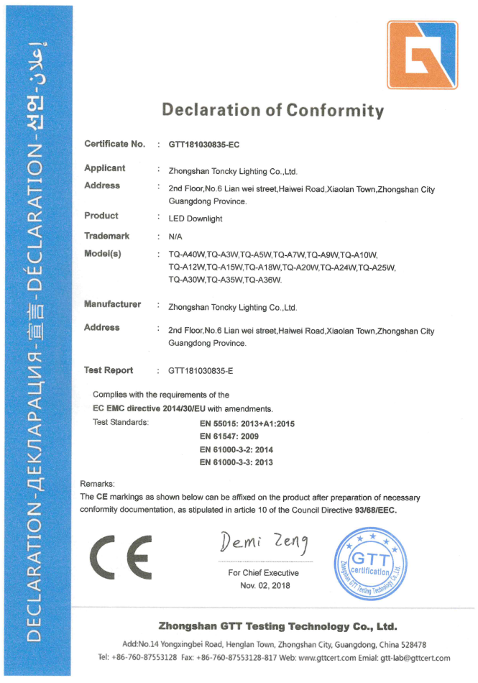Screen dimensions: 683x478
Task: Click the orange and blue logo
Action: click(x=422, y=54)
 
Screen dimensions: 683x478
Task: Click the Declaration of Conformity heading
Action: click(x=273, y=110)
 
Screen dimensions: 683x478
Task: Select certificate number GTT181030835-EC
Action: click(x=203, y=145)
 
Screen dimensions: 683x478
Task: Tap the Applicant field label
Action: click(x=105, y=168)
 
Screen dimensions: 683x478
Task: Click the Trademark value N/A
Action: click(x=175, y=236)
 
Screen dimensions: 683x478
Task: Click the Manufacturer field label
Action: click(x=112, y=304)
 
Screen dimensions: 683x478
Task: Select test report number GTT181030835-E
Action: click(x=201, y=371)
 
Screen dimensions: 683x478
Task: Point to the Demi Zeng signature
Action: click(x=262, y=541)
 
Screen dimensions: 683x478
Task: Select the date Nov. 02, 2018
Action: click(x=263, y=586)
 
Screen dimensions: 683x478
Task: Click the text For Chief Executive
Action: click(x=263, y=573)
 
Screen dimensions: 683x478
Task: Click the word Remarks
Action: click(x=98, y=485)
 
